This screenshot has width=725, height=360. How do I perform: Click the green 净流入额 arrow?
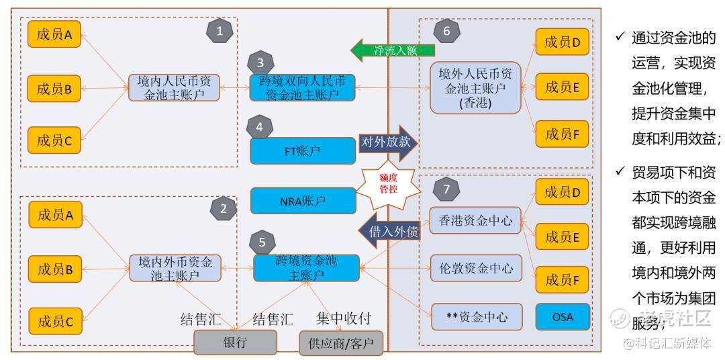click(392, 50)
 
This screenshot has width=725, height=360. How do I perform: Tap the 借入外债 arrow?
click(389, 232)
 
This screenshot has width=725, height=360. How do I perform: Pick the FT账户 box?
click(302, 150)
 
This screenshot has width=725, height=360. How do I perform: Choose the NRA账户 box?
click(302, 200)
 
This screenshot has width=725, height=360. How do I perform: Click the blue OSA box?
click(563, 317)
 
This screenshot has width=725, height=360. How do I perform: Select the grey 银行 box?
click(235, 343)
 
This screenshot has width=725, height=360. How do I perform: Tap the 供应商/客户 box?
click(341, 343)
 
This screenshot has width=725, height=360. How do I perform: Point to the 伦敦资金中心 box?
click(475, 269)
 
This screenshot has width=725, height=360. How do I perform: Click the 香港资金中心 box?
click(475, 220)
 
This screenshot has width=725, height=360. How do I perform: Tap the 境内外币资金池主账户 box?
click(175, 268)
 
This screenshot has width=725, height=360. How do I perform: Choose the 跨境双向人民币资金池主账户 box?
click(302, 87)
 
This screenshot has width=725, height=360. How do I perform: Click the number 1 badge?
click(220, 30)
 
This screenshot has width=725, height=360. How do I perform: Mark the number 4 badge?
click(260, 126)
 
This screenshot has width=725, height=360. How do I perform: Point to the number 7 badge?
click(446, 189)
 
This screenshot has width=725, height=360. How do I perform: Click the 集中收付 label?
click(343, 318)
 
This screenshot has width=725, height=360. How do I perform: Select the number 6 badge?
click(446, 30)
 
